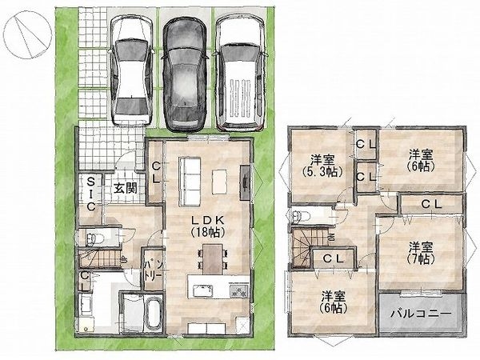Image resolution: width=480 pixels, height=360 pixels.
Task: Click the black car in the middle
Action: tap(184, 74)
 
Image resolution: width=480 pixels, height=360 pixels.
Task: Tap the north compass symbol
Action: tap(28, 34)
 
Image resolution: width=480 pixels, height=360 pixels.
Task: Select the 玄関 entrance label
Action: tap(126, 189)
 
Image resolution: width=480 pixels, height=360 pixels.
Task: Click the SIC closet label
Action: tap(90, 194)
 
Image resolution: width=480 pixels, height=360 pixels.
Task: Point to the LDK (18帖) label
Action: tap(208, 226)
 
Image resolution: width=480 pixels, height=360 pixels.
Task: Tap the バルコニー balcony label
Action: tap(422, 314)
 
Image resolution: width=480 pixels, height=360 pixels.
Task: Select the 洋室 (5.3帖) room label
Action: tap(322, 166)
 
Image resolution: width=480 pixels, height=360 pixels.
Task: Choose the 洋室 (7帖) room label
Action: tap(421, 253)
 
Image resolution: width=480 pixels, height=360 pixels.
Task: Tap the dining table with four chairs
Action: tap(213, 259)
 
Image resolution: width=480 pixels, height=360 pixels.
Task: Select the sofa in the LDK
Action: tap(190, 182)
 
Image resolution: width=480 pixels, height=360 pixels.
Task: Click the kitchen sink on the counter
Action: tap(202, 290)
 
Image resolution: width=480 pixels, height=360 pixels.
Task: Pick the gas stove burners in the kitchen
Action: tap(240, 290)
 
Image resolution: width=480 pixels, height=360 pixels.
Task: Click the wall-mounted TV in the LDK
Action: tap(245, 182)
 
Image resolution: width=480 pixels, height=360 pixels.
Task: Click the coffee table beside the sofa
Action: tap(219, 182)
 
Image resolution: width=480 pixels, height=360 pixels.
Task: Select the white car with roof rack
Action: tap(240, 73)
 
